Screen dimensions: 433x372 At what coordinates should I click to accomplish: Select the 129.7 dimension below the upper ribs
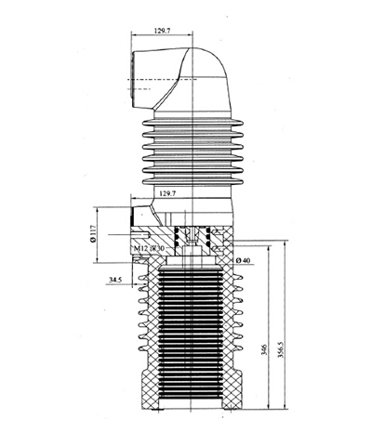[x=168, y=193]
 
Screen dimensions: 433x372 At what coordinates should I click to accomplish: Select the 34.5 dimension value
[x=117, y=278]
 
